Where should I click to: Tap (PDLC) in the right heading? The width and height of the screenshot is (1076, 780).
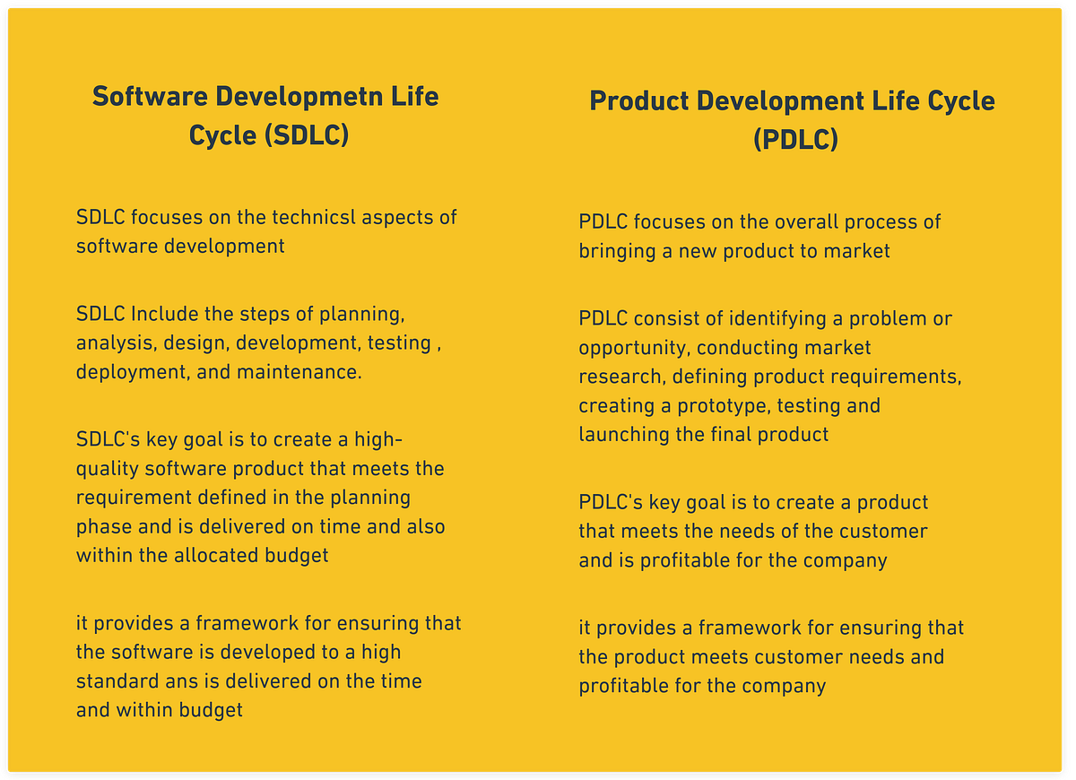pos(795,140)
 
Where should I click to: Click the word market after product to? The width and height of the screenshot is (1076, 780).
pos(856,250)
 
